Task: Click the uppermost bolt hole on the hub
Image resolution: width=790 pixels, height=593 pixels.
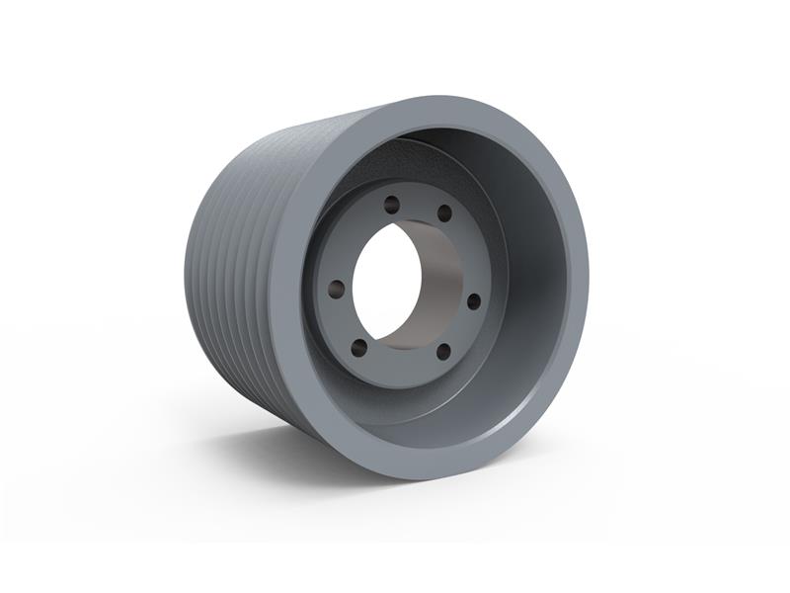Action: [392, 206]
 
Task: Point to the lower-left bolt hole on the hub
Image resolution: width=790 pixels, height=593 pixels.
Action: [359, 347]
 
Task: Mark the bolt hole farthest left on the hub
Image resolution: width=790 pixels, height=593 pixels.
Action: [337, 289]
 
